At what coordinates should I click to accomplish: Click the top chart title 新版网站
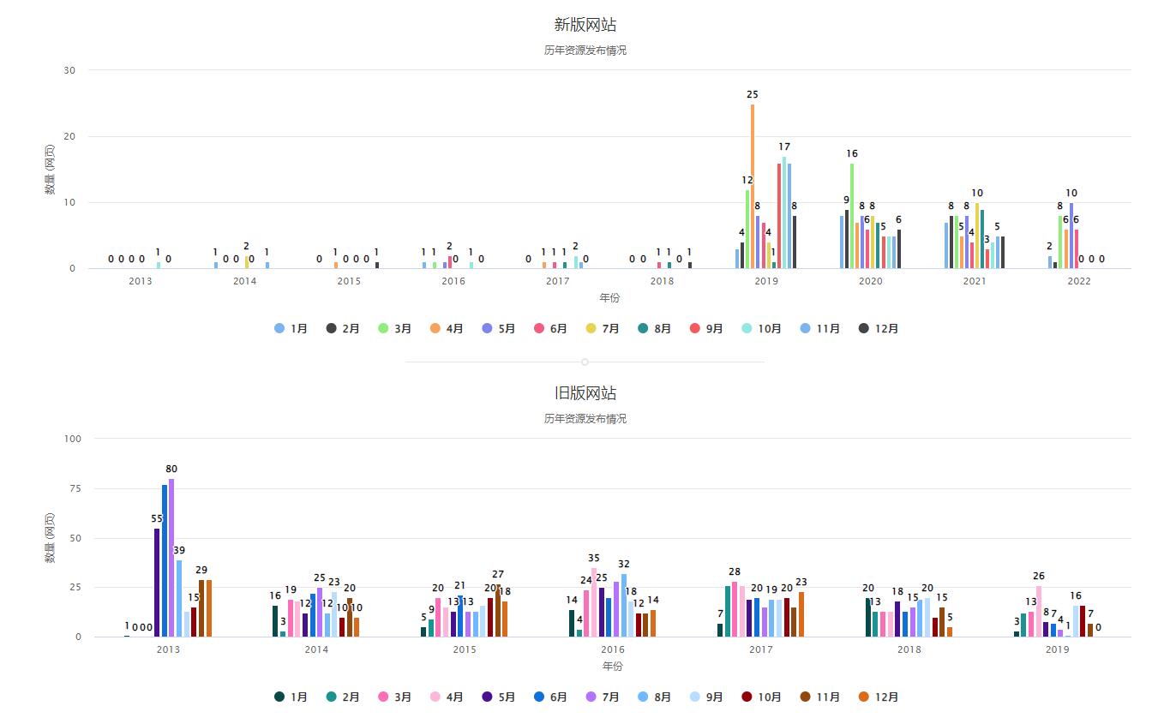585,25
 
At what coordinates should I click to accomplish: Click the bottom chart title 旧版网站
585,393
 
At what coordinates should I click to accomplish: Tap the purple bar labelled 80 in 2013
171,557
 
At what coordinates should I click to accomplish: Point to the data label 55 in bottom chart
157,518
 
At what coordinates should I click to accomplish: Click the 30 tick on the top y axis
69,70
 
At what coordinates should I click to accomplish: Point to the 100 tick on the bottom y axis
73,439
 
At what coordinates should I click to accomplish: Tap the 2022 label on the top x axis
1078,281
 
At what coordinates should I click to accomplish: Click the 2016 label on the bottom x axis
613,649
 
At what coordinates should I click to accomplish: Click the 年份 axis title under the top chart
609,298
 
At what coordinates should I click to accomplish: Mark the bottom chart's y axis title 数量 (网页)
50,537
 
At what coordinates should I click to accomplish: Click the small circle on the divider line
585,362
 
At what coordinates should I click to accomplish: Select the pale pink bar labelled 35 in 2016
593,601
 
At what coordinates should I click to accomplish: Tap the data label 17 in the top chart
783,147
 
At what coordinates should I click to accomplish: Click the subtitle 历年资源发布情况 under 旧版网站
585,419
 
